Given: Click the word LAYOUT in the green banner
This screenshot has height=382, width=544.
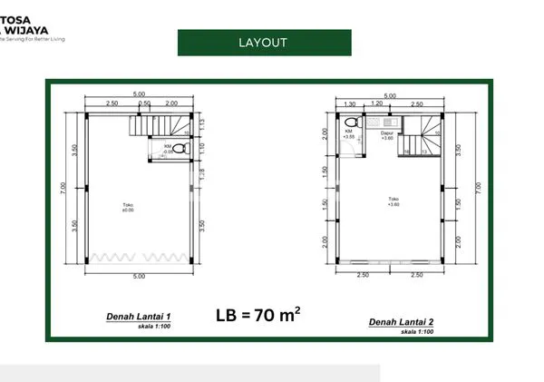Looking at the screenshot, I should click(263, 43).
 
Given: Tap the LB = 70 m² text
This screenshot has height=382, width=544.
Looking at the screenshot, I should click(258, 316).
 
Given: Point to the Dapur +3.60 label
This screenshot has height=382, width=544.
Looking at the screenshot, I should click(386, 136).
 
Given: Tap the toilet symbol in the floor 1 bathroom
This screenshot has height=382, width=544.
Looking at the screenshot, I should click(182, 152).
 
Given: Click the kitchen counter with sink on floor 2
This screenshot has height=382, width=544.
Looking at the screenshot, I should click(388, 122).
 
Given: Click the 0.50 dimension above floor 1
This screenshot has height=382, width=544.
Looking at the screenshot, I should click(143, 103).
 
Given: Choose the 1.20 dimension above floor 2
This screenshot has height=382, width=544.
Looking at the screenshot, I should click(377, 103).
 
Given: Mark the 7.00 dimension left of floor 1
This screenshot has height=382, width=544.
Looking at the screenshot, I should click(63, 190).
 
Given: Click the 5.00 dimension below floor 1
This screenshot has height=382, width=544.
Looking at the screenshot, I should click(139, 276).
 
